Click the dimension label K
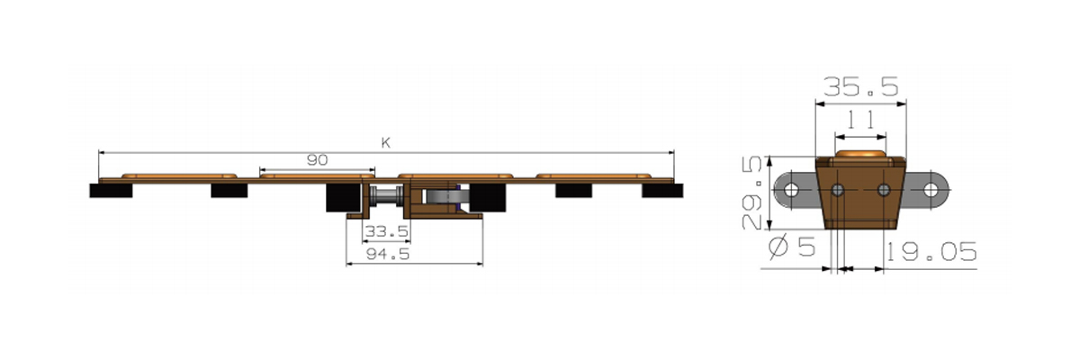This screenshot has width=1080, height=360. pyautogui.click(x=386, y=143)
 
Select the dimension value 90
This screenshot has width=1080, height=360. pyautogui.click(x=317, y=160)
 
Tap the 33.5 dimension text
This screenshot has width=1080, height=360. pyautogui.click(x=387, y=232)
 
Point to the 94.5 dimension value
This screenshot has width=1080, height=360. pyautogui.click(x=388, y=254)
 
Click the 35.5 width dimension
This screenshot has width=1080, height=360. pyautogui.click(x=860, y=86)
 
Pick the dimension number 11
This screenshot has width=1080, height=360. pyautogui.click(x=860, y=120)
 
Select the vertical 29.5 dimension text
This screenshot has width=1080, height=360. pyautogui.click(x=751, y=193)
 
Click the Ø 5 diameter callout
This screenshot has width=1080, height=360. pyautogui.click(x=792, y=247)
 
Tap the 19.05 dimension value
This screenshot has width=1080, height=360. pyautogui.click(x=931, y=252)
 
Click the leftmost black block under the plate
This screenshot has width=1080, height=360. pyautogui.click(x=111, y=191)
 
